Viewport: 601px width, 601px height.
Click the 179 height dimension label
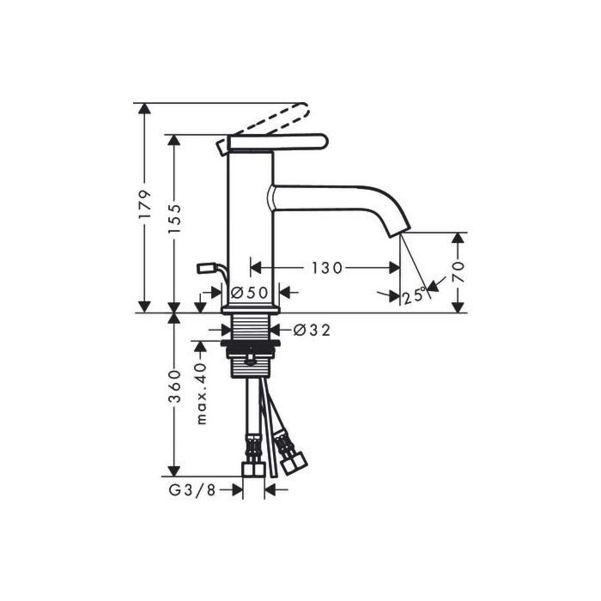(145, 204)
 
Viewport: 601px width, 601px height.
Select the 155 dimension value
(174, 218)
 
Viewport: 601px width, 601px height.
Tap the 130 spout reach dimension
(326, 268)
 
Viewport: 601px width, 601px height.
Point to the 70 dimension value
(458, 272)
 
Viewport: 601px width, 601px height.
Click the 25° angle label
(414, 294)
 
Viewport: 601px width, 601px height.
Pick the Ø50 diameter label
(250, 294)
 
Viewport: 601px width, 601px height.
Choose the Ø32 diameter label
(312, 330)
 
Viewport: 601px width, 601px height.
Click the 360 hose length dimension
(174, 386)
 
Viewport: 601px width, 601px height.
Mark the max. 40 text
(202, 393)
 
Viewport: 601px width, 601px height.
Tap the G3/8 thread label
(193, 490)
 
